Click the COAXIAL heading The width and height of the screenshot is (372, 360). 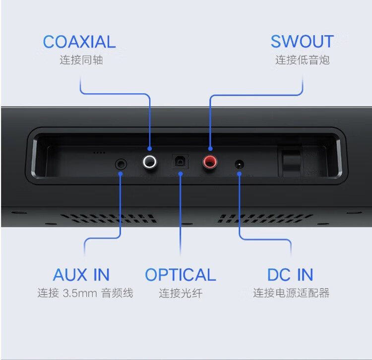(x=79, y=42)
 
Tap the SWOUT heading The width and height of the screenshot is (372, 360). (x=302, y=42)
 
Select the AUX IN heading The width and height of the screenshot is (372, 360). (x=81, y=275)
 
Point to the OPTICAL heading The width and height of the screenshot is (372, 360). (x=181, y=275)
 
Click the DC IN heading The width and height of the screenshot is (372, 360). (x=290, y=275)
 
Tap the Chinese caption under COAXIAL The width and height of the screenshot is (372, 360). (x=81, y=60)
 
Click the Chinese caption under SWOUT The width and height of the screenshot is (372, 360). (x=302, y=60)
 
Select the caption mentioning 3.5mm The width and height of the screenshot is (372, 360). (x=85, y=293)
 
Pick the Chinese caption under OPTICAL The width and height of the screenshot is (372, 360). (x=181, y=293)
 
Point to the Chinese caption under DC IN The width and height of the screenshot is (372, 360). (x=291, y=293)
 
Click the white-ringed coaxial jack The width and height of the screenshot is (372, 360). (x=149, y=162)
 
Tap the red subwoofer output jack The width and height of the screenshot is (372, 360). (x=210, y=162)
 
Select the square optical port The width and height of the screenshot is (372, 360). (x=181, y=162)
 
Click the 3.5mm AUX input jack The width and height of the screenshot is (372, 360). (x=121, y=164)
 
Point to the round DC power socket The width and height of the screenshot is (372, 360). (x=239, y=164)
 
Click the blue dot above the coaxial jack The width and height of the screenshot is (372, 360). (x=149, y=149)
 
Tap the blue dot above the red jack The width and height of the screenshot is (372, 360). (x=210, y=149)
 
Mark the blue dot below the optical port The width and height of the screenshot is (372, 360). (x=181, y=174)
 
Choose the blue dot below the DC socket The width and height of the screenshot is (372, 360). (x=239, y=174)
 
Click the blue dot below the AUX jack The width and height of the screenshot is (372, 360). (x=121, y=174)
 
